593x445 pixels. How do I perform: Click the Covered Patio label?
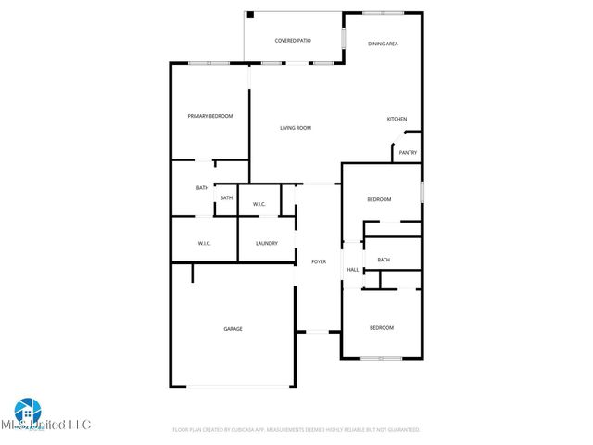click(293, 41)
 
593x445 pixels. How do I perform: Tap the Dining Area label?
click(383, 44)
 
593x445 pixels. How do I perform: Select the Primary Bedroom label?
click(210, 116)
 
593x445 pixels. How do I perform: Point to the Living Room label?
click(296, 128)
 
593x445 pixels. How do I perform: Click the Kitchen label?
click(397, 119)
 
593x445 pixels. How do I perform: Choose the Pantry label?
click(408, 152)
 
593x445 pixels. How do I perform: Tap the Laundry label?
click(266, 243)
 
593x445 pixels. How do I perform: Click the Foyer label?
click(318, 261)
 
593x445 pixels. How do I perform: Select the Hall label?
click(353, 270)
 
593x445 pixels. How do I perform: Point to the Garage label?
click(233, 328)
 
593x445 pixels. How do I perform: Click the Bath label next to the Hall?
click(384, 260)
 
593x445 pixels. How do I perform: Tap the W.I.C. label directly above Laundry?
click(259, 203)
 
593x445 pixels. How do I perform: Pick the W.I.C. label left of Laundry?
click(205, 243)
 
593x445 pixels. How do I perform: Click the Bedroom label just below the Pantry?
click(379, 199)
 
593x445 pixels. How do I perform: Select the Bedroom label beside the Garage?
click(382, 327)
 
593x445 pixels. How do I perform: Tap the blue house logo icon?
click(25, 410)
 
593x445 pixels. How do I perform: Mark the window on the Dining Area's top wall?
click(383, 12)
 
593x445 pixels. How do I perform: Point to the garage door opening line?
click(233, 387)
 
